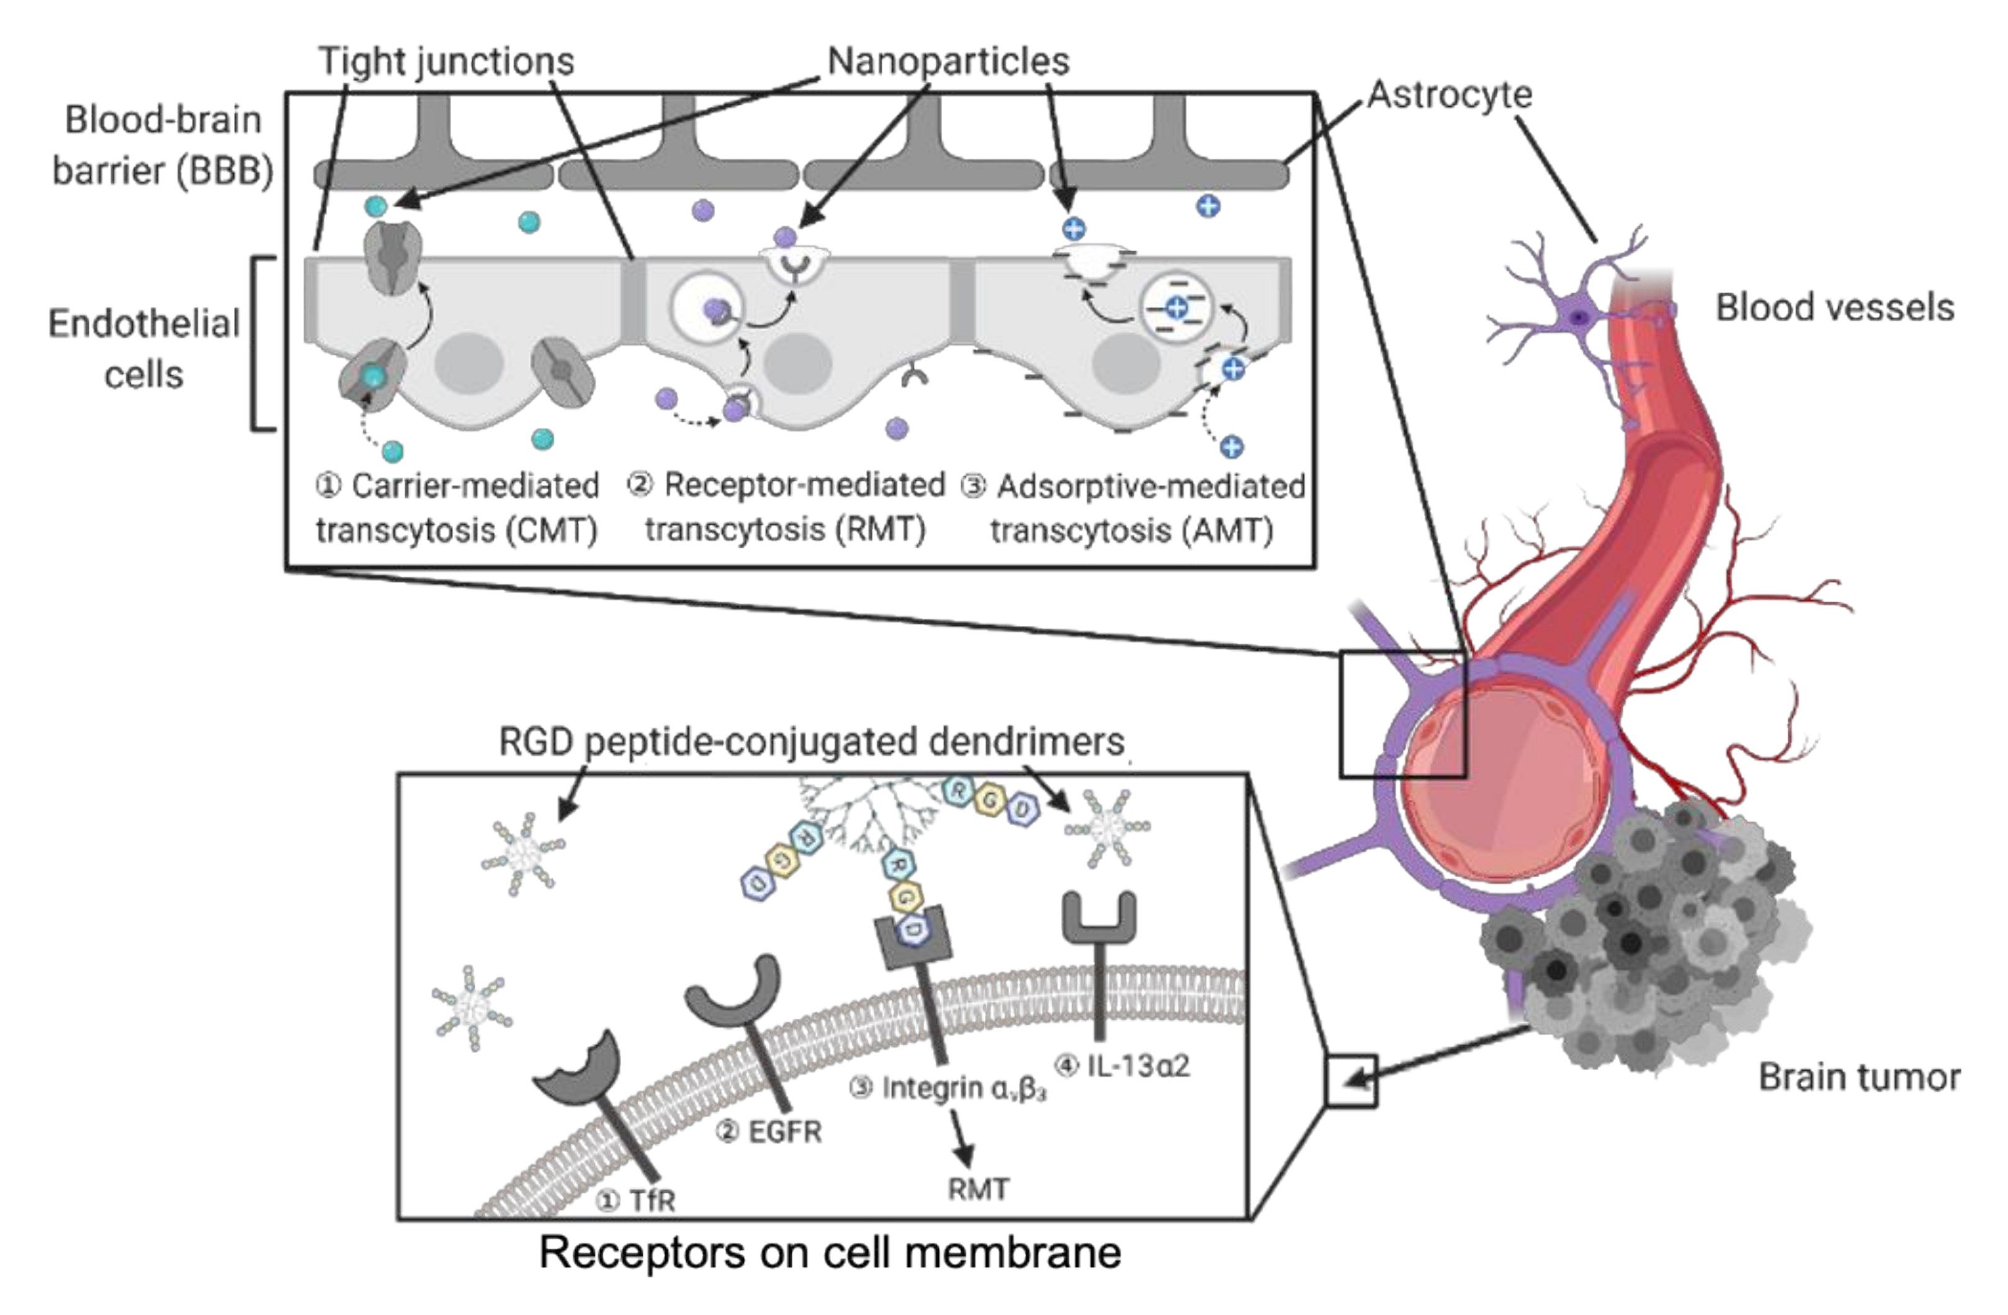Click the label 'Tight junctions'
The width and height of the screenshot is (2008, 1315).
coord(446,61)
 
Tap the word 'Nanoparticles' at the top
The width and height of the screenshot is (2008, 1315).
coord(948,61)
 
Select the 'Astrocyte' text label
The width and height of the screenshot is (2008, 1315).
coord(1449,94)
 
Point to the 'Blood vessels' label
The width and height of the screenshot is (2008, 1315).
coord(1834,308)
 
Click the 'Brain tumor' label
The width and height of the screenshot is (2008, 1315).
coord(1858,1077)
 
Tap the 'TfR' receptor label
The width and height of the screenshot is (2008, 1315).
coord(652,1200)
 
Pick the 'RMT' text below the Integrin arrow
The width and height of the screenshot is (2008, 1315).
coord(978,1189)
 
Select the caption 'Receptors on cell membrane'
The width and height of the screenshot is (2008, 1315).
coord(830,1252)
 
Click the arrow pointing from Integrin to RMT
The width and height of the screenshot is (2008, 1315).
coord(962,1139)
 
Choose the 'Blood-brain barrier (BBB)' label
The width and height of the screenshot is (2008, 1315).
coord(163,145)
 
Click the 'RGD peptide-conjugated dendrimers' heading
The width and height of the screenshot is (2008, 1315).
coord(811,742)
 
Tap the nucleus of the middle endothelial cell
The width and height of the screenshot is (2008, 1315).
coord(798,363)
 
